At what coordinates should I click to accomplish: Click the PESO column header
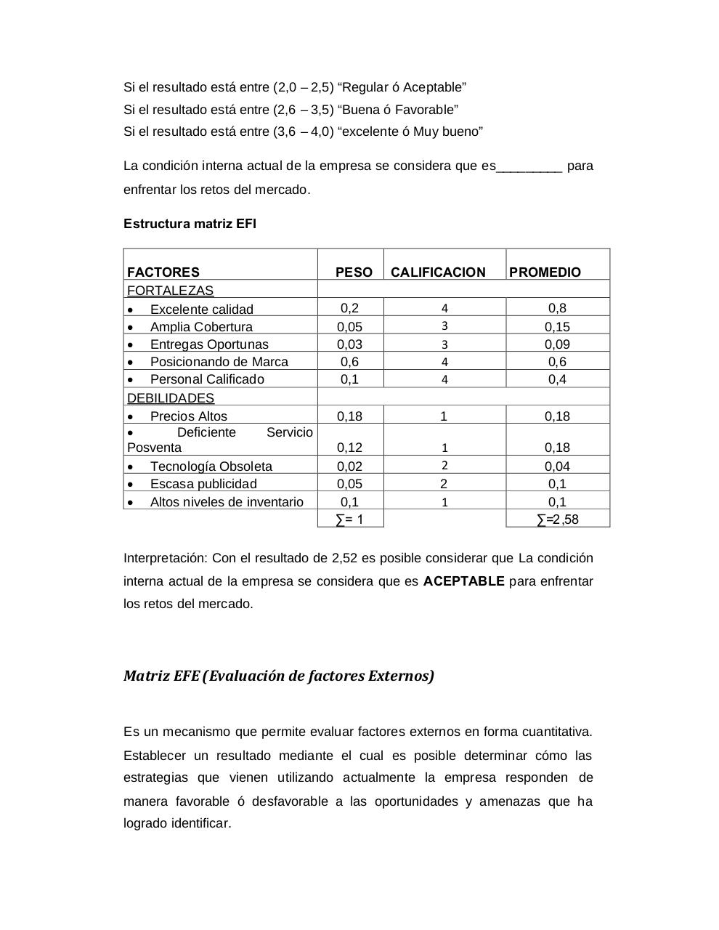[353, 272]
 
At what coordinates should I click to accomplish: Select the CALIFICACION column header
[437, 272]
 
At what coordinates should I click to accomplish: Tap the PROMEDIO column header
[545, 272]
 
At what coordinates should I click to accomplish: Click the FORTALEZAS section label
[170, 291]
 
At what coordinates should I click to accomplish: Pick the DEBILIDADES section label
[171, 398]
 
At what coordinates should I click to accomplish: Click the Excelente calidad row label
[201, 310]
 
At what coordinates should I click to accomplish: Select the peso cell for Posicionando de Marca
[349, 362]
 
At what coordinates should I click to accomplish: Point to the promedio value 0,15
[557, 327]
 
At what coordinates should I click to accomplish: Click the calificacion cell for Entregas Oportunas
[444, 344]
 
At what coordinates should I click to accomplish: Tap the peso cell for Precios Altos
[349, 416]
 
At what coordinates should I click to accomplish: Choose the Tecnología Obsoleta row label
[211, 466]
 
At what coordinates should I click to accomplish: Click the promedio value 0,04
[557, 466]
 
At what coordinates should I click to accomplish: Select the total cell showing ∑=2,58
[557, 519]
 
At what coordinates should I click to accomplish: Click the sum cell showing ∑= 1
[349, 519]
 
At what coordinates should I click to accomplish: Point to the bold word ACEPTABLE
[463, 581]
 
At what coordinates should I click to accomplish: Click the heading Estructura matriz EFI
[190, 224]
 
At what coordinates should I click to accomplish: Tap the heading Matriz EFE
[278, 676]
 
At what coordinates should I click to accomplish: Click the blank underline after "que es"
[529, 166]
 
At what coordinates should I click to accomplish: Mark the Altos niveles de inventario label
[227, 502]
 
